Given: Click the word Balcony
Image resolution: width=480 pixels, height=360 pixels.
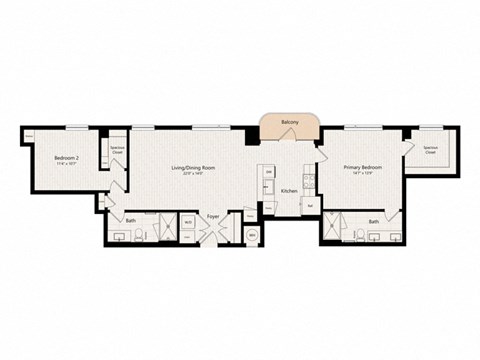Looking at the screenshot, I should click(x=289, y=122).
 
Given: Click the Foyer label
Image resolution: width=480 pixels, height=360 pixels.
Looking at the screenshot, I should click(x=213, y=216).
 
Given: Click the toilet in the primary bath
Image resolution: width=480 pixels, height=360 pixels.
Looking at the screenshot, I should click(x=358, y=236).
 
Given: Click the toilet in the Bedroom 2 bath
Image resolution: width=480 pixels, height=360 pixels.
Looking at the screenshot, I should click(x=140, y=235).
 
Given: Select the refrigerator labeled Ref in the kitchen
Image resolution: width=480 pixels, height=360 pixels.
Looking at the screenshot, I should click(x=311, y=205).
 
